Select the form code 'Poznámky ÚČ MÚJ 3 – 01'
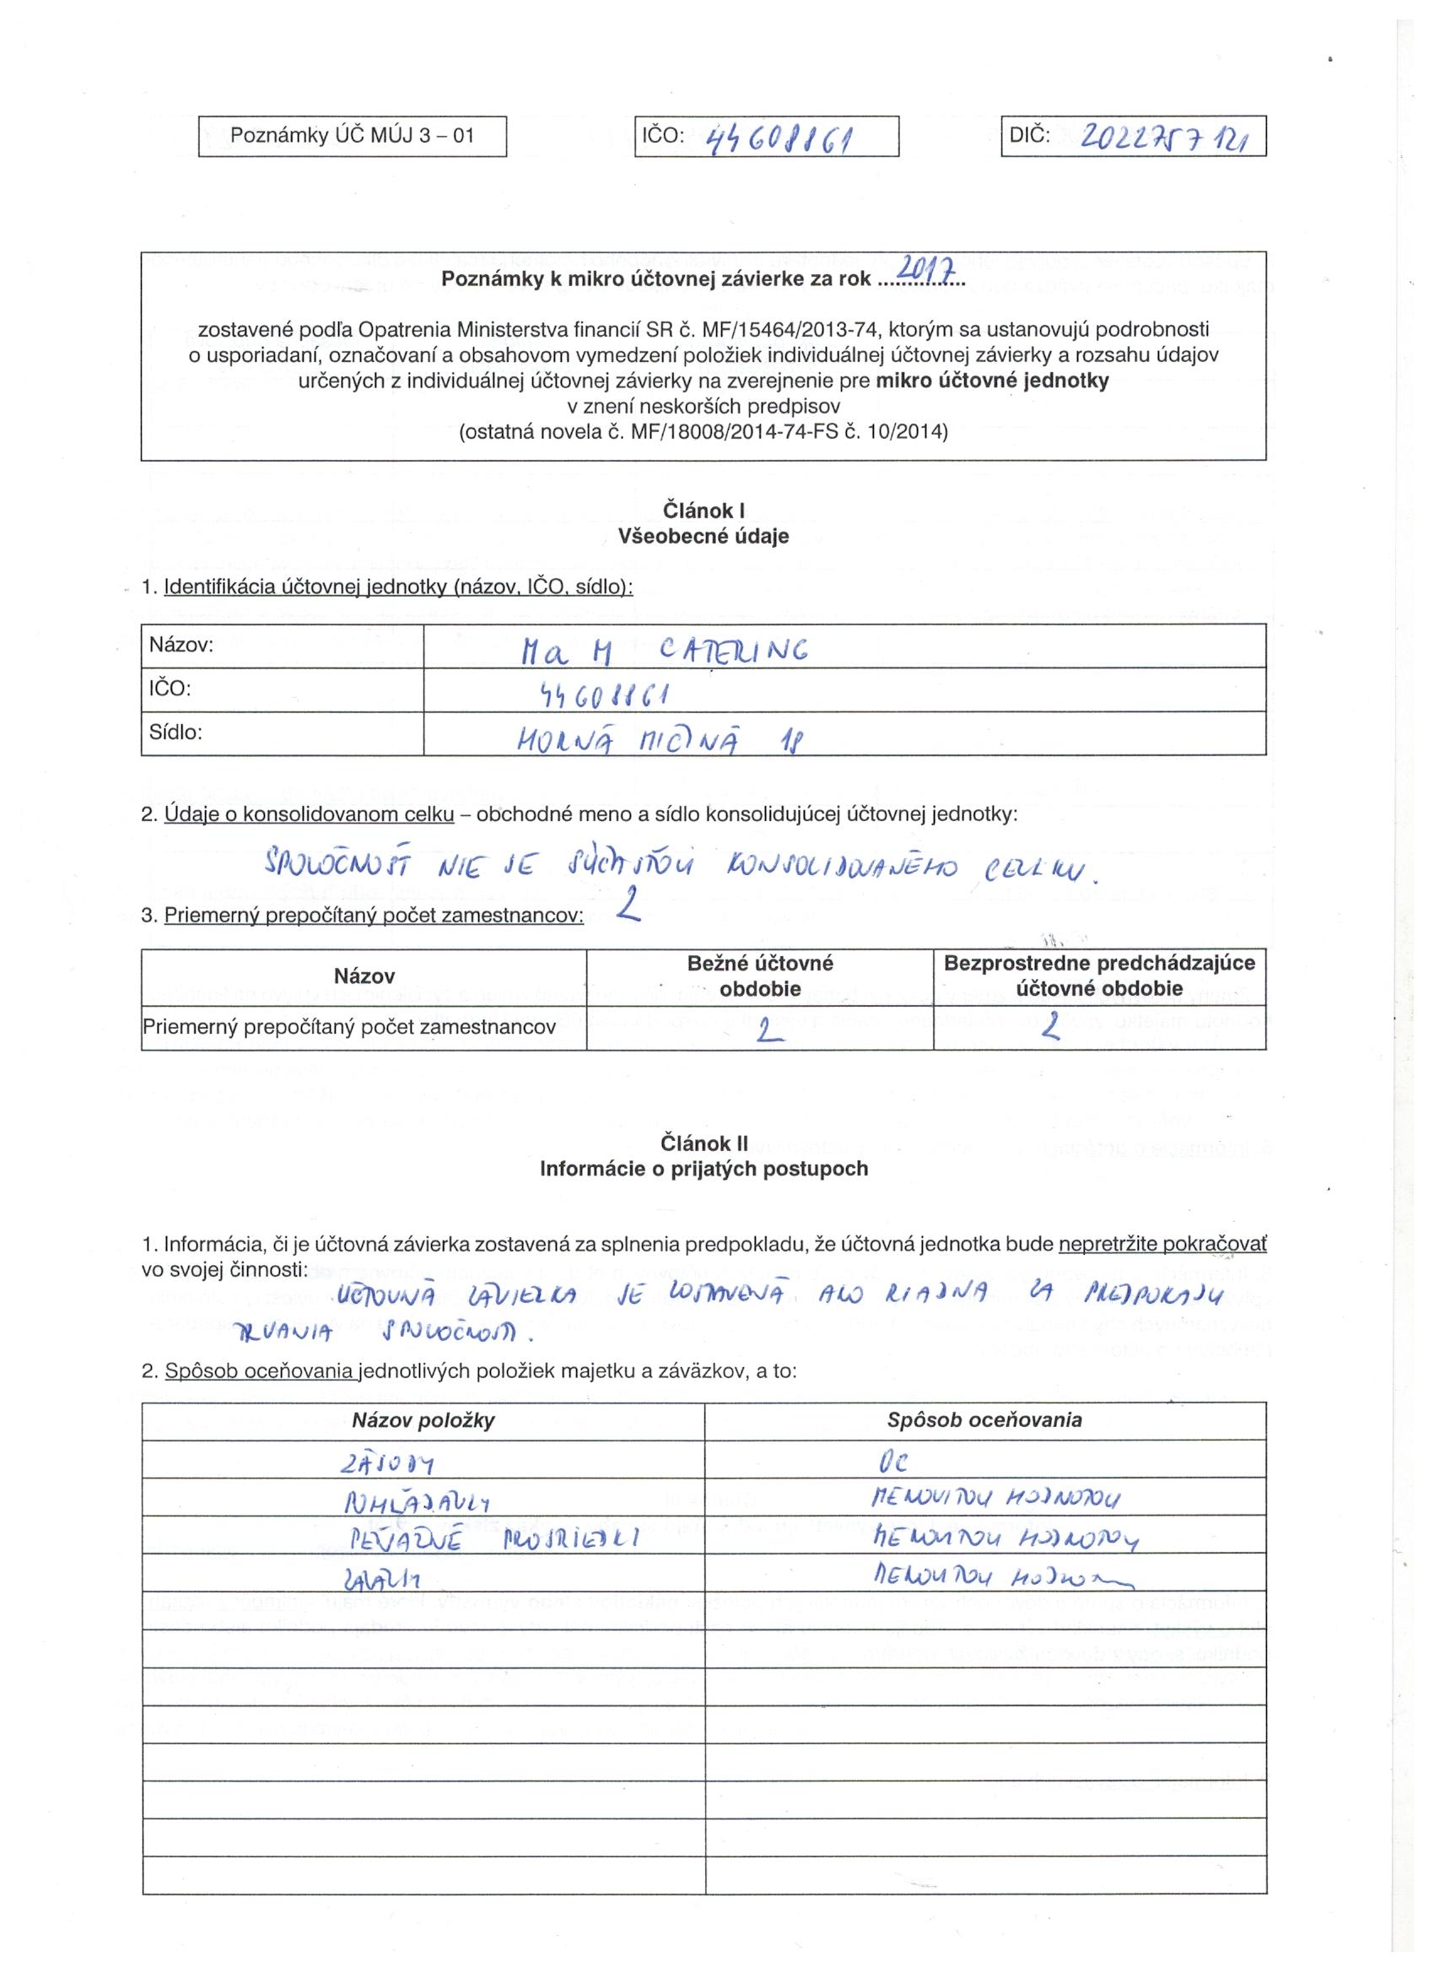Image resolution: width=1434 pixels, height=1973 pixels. click(x=353, y=136)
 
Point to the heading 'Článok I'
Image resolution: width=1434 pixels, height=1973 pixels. click(x=704, y=511)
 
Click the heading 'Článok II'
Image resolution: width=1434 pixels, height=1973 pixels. click(x=704, y=1143)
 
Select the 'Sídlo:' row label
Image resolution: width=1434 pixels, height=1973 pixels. click(x=175, y=732)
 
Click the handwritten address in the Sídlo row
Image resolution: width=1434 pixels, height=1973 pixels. click(x=662, y=738)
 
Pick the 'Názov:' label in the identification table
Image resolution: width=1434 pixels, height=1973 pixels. click(x=181, y=645)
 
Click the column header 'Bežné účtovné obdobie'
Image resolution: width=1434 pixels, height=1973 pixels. click(x=759, y=976)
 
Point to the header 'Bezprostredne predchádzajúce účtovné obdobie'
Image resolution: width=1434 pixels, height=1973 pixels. click(x=1099, y=976)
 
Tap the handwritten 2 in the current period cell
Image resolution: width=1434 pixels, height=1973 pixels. click(x=766, y=1030)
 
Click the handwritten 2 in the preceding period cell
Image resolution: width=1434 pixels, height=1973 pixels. click(x=1053, y=1030)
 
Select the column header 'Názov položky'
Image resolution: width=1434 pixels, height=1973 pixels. click(x=423, y=1420)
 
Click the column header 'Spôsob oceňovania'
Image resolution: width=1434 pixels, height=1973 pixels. click(x=984, y=1419)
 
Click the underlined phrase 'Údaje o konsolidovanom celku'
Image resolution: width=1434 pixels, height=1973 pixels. click(x=309, y=814)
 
